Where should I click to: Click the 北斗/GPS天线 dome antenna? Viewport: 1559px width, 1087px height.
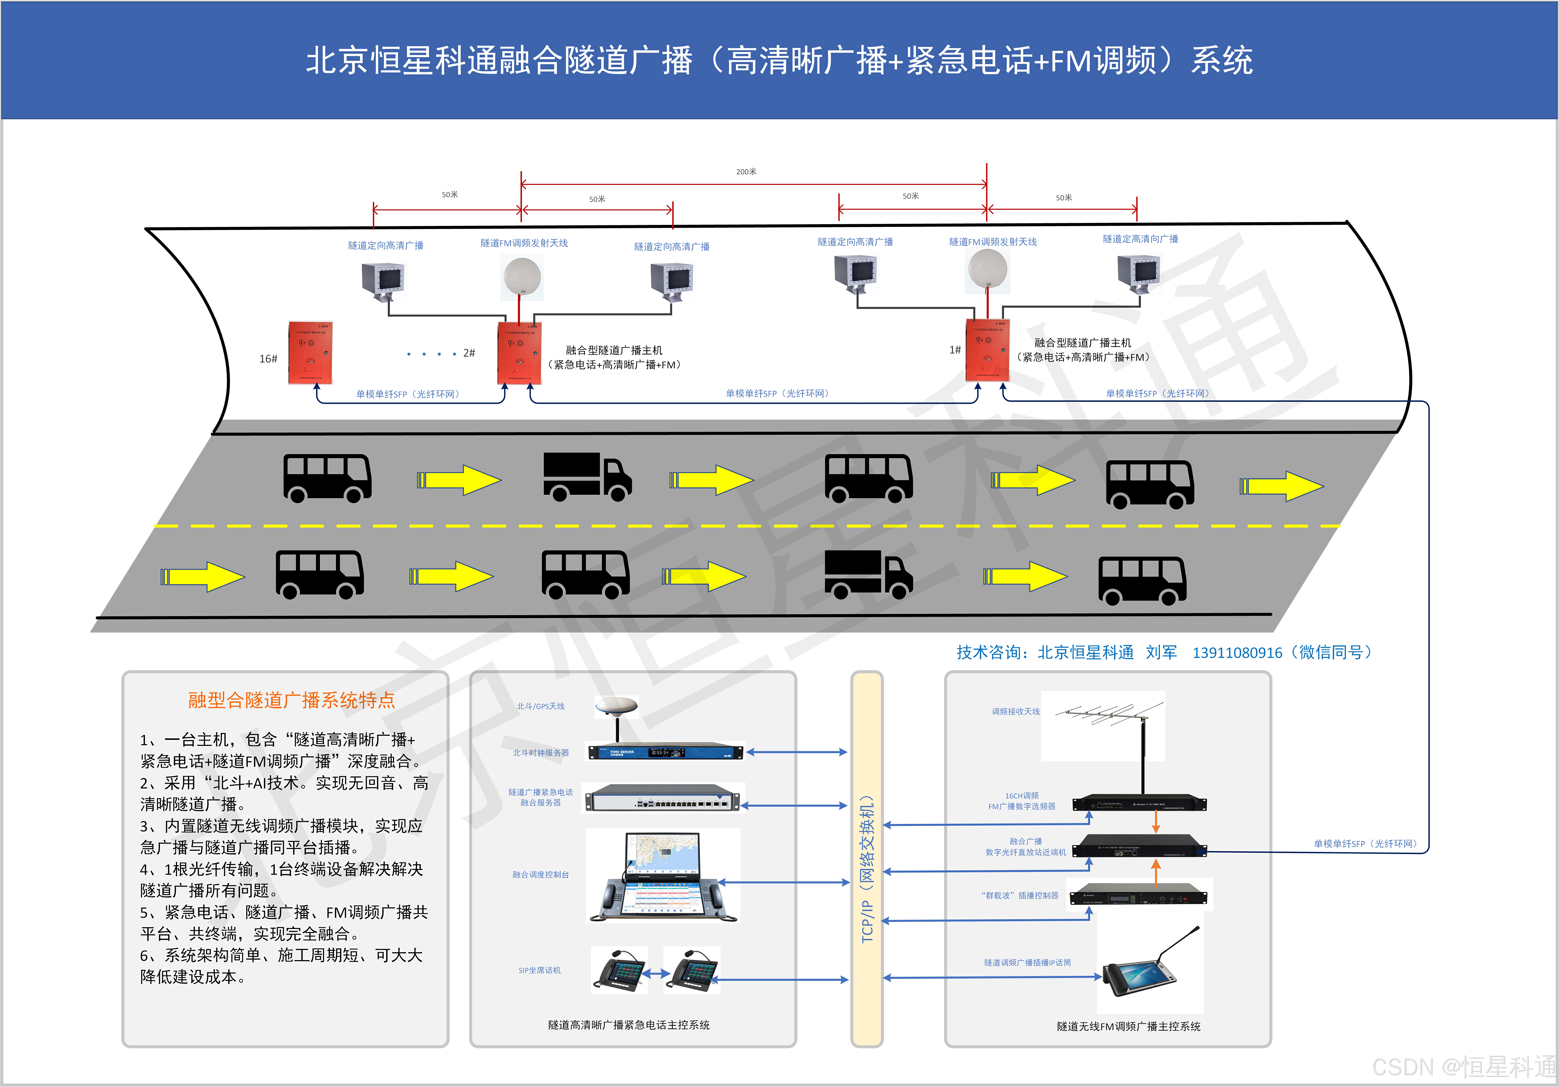point(617,706)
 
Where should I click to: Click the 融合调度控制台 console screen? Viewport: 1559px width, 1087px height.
point(662,857)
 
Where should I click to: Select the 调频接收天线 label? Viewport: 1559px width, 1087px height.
point(1015,712)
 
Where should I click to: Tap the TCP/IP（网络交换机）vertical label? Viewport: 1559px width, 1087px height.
point(867,869)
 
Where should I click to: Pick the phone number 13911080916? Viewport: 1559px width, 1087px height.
point(1237,653)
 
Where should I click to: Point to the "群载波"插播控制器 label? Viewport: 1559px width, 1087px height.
point(1019,895)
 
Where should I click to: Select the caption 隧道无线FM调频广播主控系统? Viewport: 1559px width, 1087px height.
point(1128,1026)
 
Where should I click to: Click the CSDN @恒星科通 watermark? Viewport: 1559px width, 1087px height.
point(1463,1067)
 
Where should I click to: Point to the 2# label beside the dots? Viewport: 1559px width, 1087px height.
point(468,353)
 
